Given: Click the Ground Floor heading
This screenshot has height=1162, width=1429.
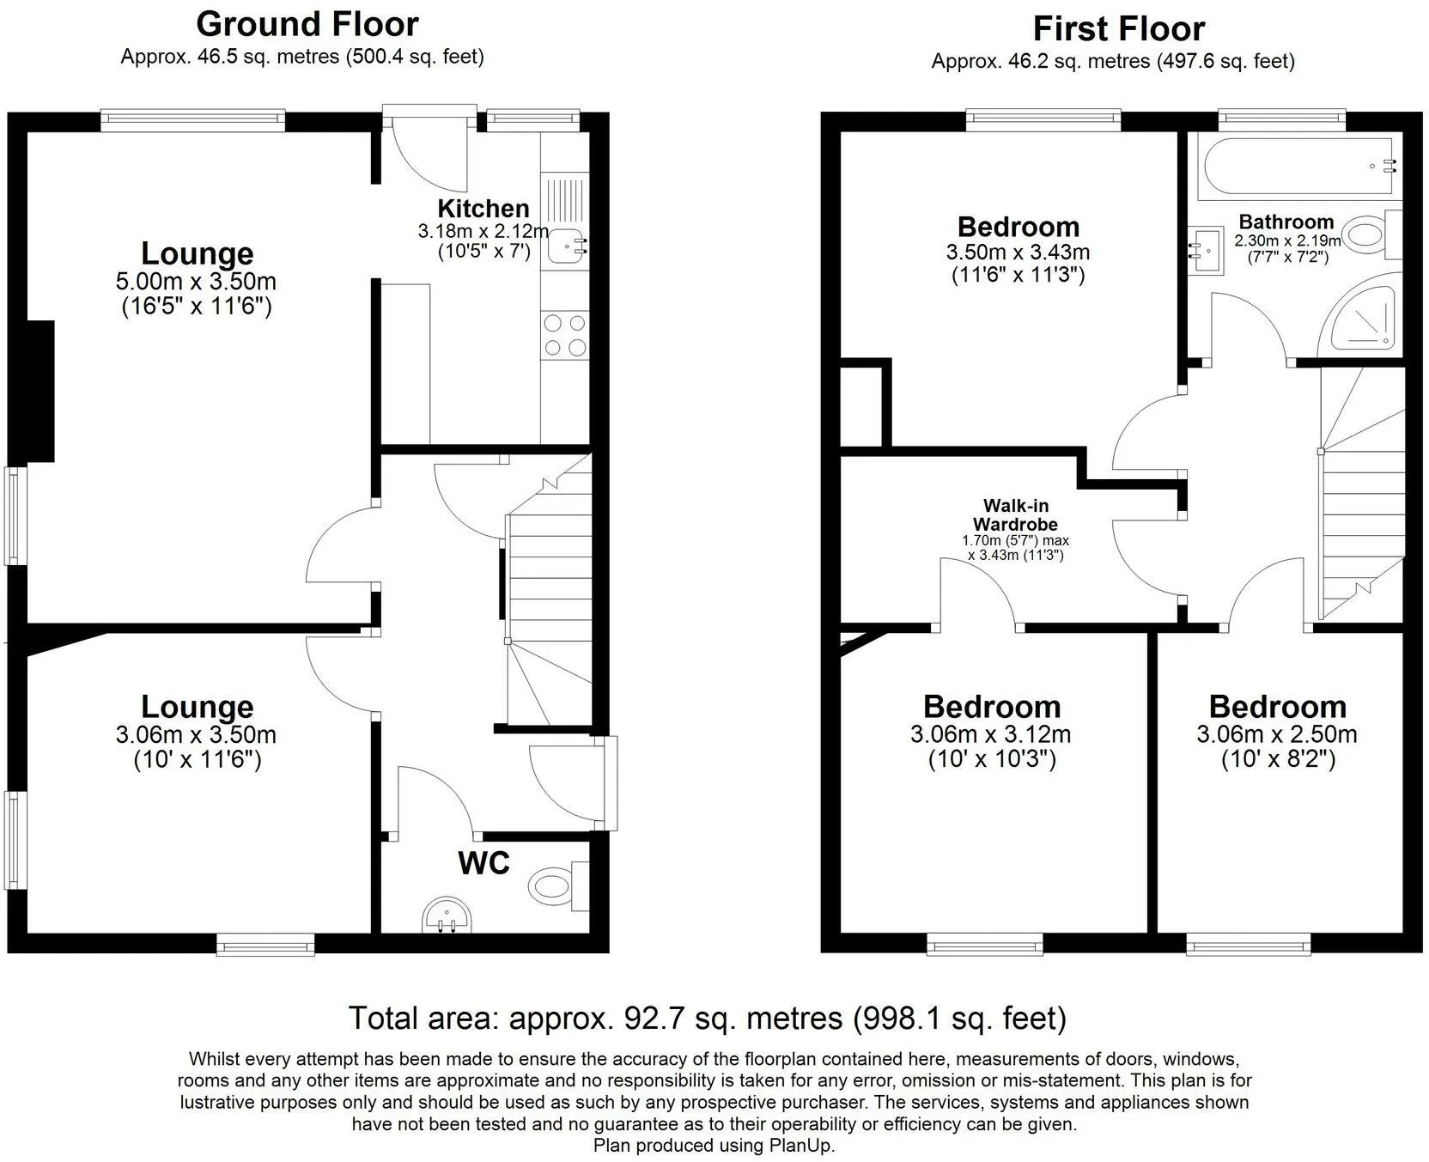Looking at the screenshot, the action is click(307, 24).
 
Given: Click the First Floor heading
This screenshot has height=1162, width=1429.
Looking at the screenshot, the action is click(1118, 29).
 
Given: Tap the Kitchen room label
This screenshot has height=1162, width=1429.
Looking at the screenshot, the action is click(483, 208).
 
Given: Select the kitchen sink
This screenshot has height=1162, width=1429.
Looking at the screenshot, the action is click(566, 245).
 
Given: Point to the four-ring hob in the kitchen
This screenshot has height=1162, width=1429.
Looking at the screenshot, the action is click(565, 336).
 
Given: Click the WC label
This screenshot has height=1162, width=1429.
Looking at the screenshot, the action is click(484, 863).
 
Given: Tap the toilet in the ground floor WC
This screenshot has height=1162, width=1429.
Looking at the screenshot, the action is click(558, 885).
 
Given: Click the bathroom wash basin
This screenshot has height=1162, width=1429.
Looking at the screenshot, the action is click(1207, 251).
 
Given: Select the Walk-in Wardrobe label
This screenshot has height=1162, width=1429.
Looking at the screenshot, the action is click(1015, 515).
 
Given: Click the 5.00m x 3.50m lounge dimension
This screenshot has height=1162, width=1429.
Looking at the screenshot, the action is click(197, 282).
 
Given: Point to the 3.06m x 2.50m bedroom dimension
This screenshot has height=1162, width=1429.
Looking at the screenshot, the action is click(1277, 734).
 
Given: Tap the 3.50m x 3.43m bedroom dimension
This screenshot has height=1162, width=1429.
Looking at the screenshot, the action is click(1019, 252).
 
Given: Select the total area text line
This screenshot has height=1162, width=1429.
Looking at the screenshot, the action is click(708, 1018).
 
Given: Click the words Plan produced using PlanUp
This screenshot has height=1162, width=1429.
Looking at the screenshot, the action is click(714, 1145).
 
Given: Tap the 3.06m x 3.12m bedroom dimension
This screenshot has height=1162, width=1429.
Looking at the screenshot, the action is click(991, 734).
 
